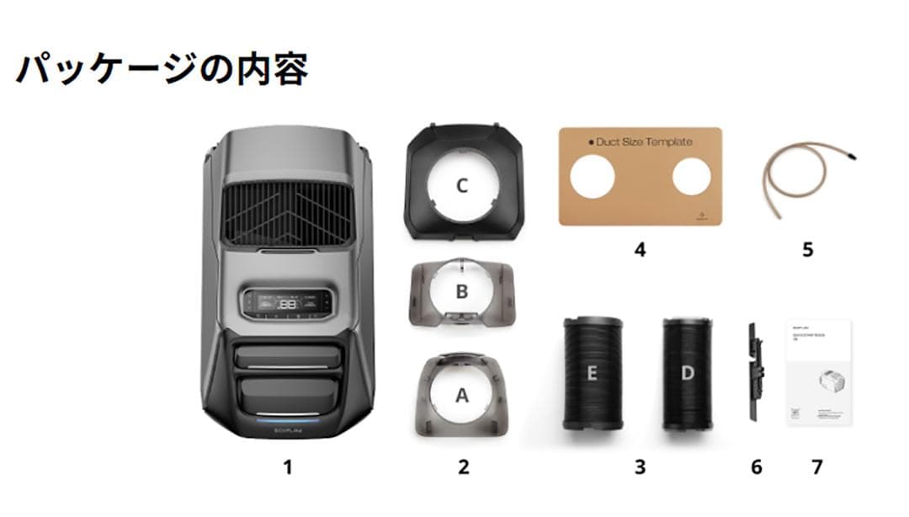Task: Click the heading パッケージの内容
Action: tap(162, 69)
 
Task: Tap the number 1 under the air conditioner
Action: tap(288, 466)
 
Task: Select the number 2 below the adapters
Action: tap(463, 466)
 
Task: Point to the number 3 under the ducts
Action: tap(641, 466)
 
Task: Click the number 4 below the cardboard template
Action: tap(641, 249)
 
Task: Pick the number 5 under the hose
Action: tap(808, 249)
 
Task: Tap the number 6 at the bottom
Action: tap(756, 466)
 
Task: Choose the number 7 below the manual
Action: tap(817, 466)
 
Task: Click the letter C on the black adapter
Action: tap(461, 186)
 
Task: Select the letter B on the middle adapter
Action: tap(461, 291)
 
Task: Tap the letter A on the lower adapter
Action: tap(461, 396)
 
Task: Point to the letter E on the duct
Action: tap(592, 373)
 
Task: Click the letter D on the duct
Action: tap(688, 373)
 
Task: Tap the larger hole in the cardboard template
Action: tap(594, 179)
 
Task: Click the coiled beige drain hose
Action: tap(804, 173)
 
